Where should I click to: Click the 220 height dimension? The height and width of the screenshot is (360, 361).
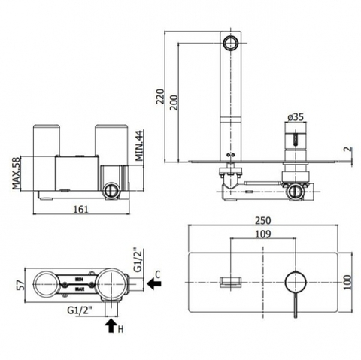tap(159, 96)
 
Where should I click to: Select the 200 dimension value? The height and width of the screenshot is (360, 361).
tap(174, 102)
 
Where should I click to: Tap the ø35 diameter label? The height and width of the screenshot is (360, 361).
tap(296, 117)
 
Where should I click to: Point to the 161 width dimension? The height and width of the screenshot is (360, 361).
tap(81, 209)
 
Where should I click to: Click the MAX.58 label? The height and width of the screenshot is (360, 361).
tap(16, 174)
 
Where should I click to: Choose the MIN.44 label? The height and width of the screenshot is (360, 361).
tap(139, 146)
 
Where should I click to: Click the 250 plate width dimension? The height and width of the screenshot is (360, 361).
tap(263, 221)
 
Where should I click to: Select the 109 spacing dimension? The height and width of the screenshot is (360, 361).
tap(263, 234)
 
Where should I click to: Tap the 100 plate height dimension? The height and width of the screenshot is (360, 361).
tap(347, 282)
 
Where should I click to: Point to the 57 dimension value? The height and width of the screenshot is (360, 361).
tap(21, 285)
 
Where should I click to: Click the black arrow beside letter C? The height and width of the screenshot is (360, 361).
tap(154, 284)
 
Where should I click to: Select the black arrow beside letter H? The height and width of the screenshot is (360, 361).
tap(112, 325)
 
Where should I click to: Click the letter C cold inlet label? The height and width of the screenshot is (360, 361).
tap(157, 275)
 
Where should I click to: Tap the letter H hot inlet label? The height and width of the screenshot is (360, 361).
tap(120, 329)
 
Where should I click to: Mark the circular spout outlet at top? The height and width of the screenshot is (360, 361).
tap(230, 42)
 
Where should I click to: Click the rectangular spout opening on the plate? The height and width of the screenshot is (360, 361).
tap(231, 282)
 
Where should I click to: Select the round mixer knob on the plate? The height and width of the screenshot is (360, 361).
tap(296, 282)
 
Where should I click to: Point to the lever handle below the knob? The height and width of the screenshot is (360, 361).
tap(296, 305)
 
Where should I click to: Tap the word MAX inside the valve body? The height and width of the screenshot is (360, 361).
tap(80, 289)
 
